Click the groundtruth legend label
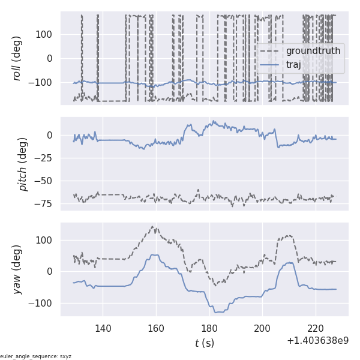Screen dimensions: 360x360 (313, 51)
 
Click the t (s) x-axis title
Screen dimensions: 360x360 (204, 343)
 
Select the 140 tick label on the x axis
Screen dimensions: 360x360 (103, 328)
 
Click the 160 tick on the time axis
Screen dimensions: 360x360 (156, 328)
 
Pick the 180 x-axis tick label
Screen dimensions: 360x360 (209, 328)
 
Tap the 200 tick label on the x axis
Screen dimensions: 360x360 (262, 328)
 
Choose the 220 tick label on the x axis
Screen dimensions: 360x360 (316, 328)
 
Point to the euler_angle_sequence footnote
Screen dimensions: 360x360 (36, 356)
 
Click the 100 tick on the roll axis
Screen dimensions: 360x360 (45, 34)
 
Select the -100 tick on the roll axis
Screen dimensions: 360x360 (43, 82)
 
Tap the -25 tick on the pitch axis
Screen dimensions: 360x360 (45, 158)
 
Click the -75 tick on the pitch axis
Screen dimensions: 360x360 (45, 204)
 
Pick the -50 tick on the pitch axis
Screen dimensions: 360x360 (45, 181)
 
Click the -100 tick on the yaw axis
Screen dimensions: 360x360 (43, 303)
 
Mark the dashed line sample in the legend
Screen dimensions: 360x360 (271, 51)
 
